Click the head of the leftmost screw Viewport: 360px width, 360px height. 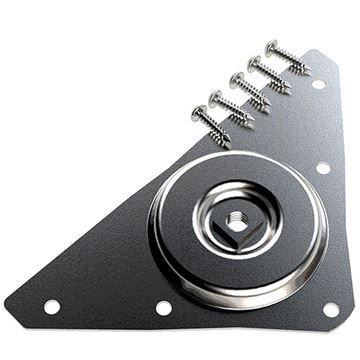point(199,113)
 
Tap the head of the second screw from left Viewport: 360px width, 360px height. point(217,97)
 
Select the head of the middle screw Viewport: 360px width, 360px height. point(237,79)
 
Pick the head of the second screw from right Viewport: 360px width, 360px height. point(255,62)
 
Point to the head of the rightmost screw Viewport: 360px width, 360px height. point(272,45)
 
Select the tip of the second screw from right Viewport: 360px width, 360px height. point(291,91)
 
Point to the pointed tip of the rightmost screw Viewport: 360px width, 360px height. point(309,71)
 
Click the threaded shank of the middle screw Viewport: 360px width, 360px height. point(253,94)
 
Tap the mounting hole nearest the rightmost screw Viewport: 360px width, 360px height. point(318,84)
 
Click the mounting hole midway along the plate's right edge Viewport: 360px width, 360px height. point(323,168)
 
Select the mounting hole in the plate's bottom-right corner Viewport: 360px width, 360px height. point(331,309)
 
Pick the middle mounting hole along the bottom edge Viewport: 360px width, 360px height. point(163,308)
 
